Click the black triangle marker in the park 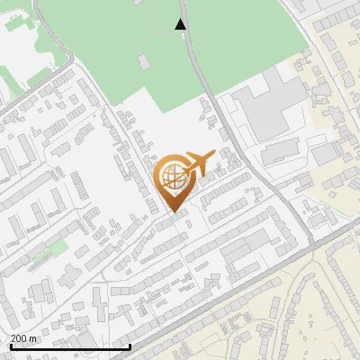tap(182, 24)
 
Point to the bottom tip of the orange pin tap(173, 212)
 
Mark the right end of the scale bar tap(130, 346)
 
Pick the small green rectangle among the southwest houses tap(56, 247)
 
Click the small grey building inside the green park tap(143, 61)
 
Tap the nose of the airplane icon tap(214, 155)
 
